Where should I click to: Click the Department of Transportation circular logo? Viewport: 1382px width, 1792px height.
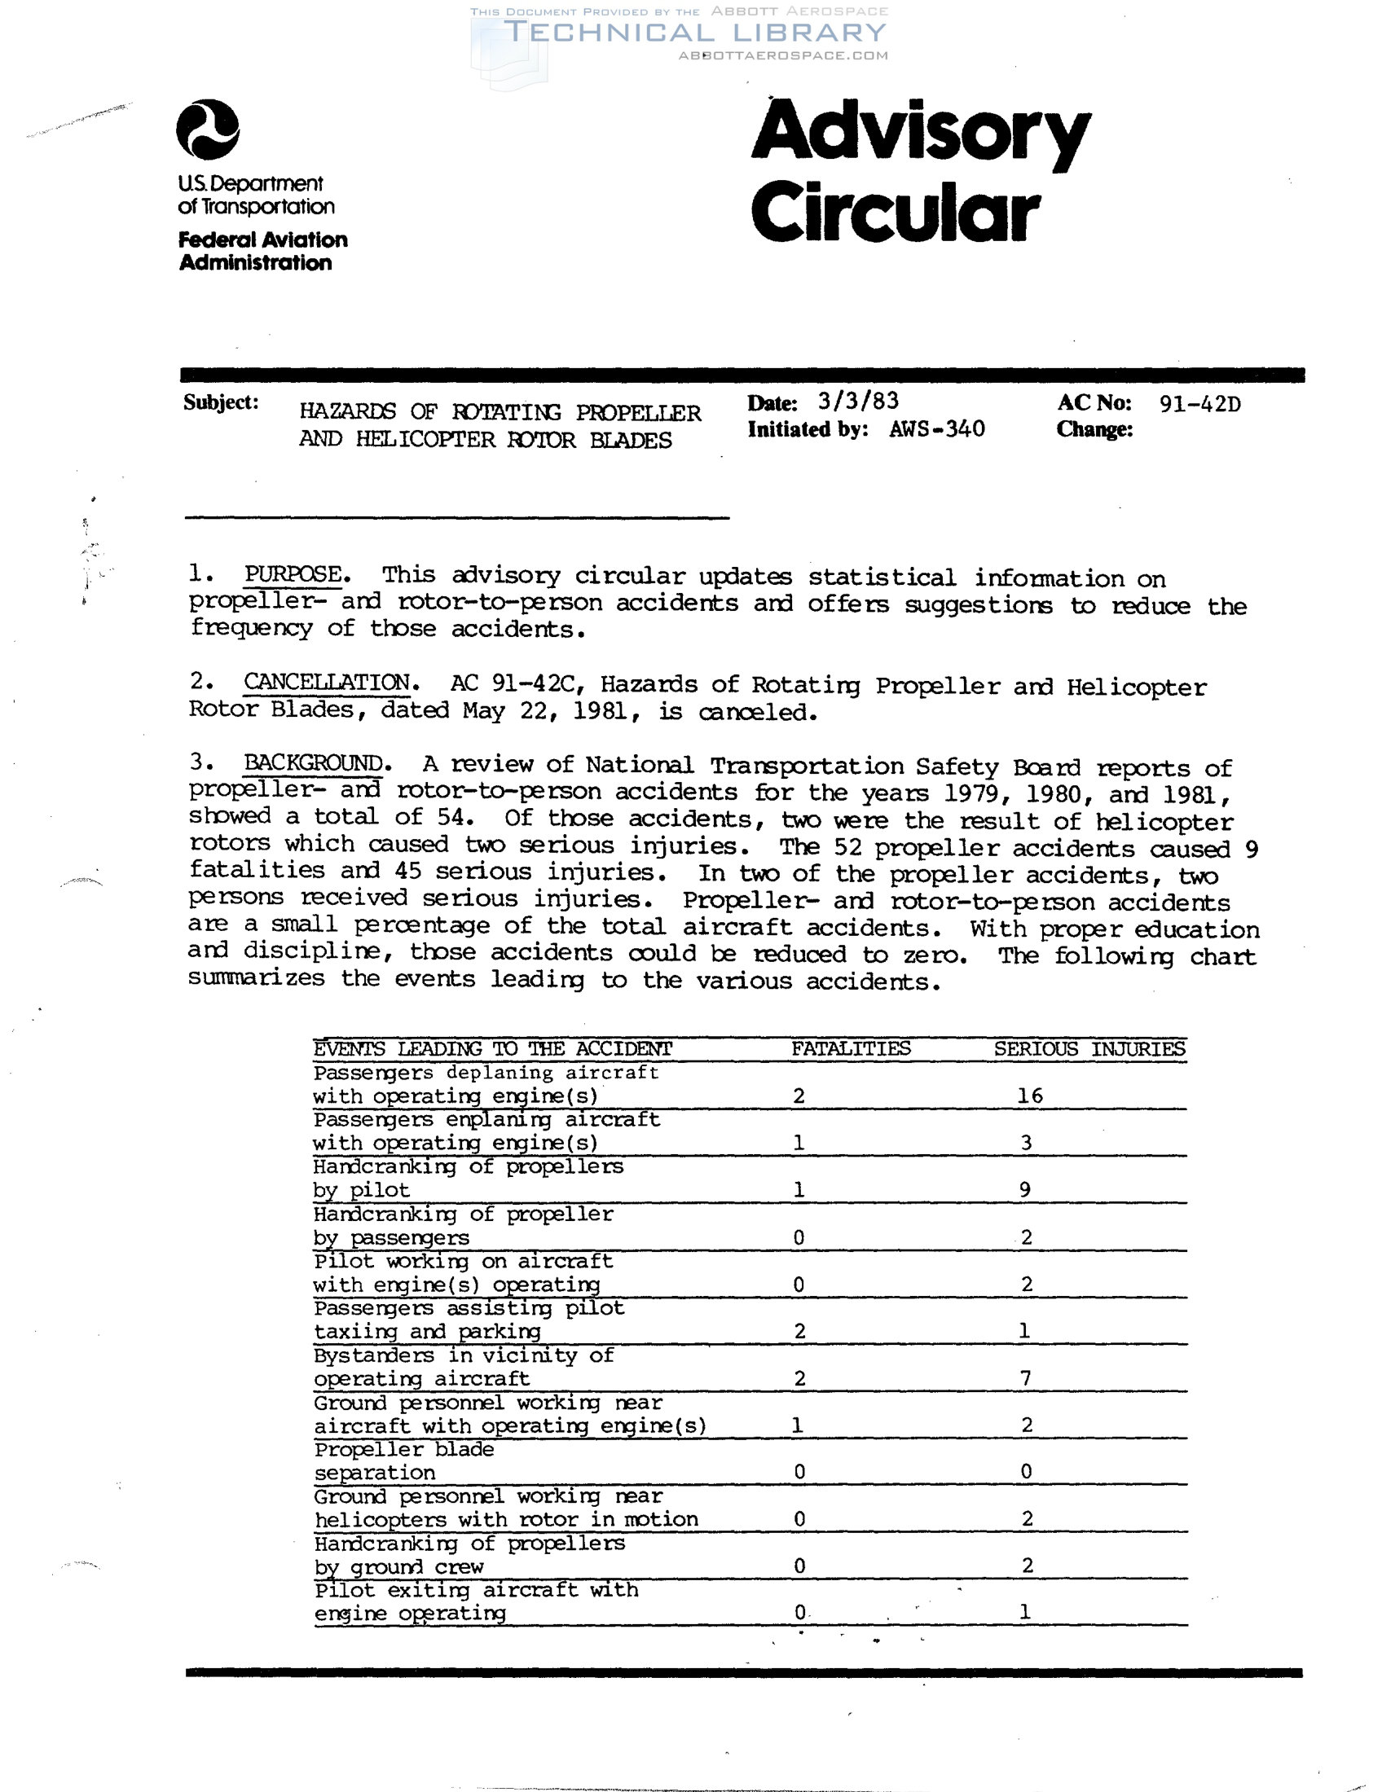[208, 130]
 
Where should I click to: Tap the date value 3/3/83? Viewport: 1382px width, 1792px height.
[857, 401]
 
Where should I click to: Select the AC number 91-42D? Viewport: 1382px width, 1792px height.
[1199, 404]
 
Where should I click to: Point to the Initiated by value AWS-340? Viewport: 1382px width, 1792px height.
[936, 429]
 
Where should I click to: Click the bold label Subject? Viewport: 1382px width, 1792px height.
[221, 402]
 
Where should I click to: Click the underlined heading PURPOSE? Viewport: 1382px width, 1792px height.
[293, 574]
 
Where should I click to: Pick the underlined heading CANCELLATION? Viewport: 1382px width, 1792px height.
[327, 682]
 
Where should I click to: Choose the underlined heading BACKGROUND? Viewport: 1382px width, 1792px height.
[314, 762]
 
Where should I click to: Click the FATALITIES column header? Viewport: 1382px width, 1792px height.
[850, 1048]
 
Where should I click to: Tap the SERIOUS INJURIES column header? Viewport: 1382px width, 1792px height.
[1089, 1048]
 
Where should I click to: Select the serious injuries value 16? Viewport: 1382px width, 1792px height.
[1029, 1096]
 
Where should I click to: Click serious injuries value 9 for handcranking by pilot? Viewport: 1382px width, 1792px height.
[1025, 1189]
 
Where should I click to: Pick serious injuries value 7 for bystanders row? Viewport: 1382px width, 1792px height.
[1026, 1377]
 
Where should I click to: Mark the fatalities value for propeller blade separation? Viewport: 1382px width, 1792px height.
[799, 1472]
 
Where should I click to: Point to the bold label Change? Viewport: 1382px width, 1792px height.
[1094, 429]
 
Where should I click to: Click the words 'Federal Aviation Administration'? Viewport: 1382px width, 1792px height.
[262, 251]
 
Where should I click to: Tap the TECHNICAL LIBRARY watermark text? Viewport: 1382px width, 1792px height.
[694, 32]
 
